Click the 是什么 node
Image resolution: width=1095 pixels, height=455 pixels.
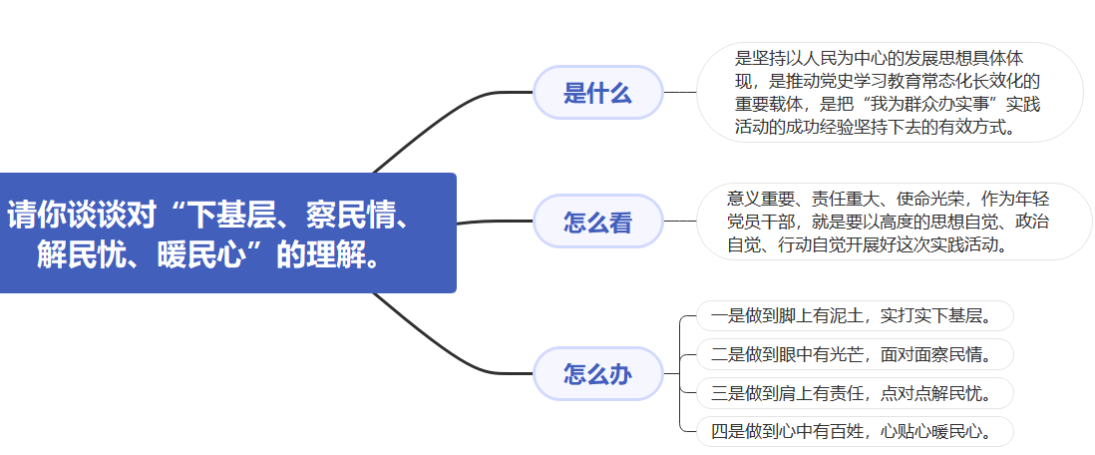[598, 93]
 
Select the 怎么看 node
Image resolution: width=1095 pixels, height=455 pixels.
[598, 222]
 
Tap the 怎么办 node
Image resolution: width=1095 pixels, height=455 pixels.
[598, 374]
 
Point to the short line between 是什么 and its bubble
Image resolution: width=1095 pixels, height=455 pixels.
[680, 93]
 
